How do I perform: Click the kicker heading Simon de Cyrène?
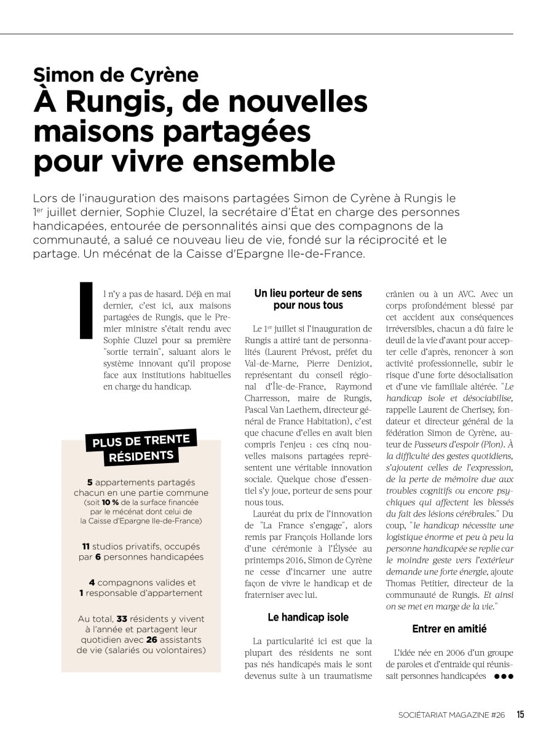tap(116, 75)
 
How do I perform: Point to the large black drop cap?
tap(86, 311)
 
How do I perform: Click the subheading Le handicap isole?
tap(308, 617)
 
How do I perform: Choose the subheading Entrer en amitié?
tap(449, 629)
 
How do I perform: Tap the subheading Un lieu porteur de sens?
tap(308, 300)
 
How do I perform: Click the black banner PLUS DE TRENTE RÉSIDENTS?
tap(141, 448)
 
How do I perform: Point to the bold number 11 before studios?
tap(87, 546)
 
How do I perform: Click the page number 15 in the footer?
tap(520, 715)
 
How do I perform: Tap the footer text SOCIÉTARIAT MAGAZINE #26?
tap(451, 715)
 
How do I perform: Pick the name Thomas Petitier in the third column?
tap(414, 583)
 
